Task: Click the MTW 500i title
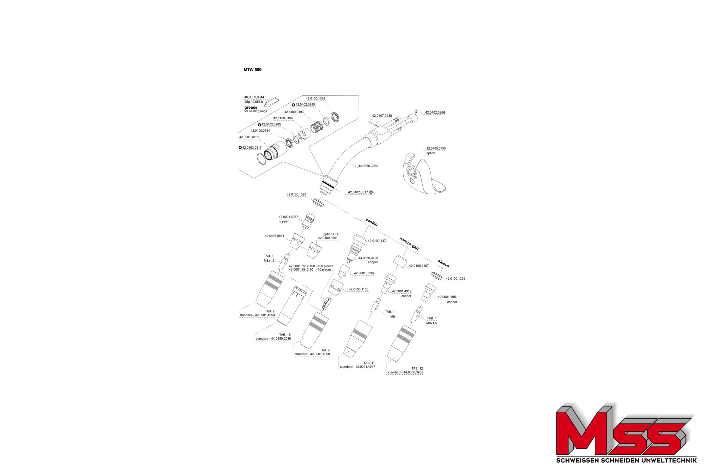[x=253, y=70]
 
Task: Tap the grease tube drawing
[x=271, y=102]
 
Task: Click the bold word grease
[x=251, y=107]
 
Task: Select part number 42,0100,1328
[x=315, y=99]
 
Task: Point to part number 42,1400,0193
[x=294, y=112]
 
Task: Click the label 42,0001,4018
[x=249, y=137]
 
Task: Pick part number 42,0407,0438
[x=382, y=116]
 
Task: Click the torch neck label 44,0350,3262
[x=368, y=166]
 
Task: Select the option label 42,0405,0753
[x=436, y=149]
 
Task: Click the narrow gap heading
[x=409, y=243]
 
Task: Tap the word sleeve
[x=443, y=264]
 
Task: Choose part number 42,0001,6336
[x=364, y=273]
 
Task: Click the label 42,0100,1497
[x=419, y=266]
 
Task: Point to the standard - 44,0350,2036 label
[x=273, y=339]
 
